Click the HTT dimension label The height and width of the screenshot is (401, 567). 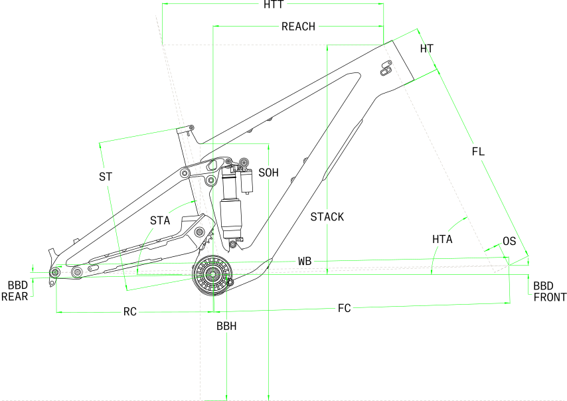pyautogui.click(x=274, y=5)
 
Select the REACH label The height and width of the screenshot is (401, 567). pyautogui.click(x=298, y=27)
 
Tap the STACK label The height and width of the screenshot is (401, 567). pyautogui.click(x=327, y=217)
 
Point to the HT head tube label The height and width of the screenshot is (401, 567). pyautogui.click(x=427, y=48)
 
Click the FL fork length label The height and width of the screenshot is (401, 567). pyautogui.click(x=478, y=151)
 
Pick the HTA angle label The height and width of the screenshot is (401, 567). pyautogui.click(x=442, y=239)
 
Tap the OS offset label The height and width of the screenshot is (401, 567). pyautogui.click(x=509, y=241)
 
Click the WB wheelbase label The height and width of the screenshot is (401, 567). pyautogui.click(x=305, y=261)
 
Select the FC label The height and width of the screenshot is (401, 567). pyautogui.click(x=344, y=308)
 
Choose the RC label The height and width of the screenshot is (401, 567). pyautogui.click(x=130, y=311)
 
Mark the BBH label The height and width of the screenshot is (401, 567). pyautogui.click(x=226, y=326)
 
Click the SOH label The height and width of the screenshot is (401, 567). pyautogui.click(x=269, y=173)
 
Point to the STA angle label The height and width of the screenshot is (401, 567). pyautogui.click(x=160, y=220)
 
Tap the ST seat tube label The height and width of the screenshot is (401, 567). pyautogui.click(x=106, y=177)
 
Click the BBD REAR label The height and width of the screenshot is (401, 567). pyautogui.click(x=15, y=291)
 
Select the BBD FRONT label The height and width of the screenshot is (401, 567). pyautogui.click(x=550, y=292)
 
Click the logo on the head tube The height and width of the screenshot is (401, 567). pyautogui.click(x=386, y=68)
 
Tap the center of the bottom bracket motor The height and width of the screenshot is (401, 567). pyautogui.click(x=212, y=275)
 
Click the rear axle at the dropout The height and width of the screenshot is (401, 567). pyautogui.click(x=55, y=272)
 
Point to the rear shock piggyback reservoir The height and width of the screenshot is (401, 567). pyautogui.click(x=246, y=181)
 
